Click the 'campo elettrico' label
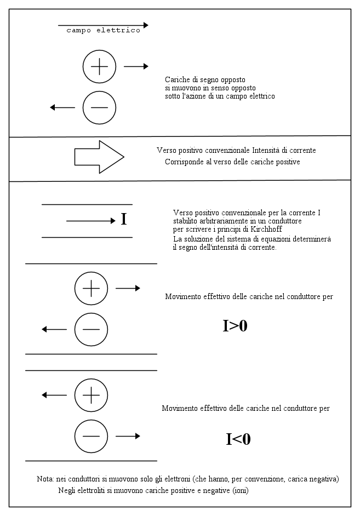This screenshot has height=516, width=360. click(103, 31)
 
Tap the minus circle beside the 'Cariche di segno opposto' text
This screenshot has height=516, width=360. click(99, 107)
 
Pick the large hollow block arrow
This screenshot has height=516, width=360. click(99, 157)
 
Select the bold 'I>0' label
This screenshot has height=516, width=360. click(235, 325)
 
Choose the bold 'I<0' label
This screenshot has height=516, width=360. click(238, 439)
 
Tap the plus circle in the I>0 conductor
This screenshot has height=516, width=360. click(91, 288)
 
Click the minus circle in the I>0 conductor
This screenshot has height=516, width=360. click(91, 329)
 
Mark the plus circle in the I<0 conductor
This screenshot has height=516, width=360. click(91, 394)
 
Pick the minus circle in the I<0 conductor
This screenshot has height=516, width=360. click(91, 436)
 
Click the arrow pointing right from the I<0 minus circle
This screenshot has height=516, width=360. click(128, 436)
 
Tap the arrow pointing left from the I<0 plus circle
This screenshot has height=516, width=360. click(54, 394)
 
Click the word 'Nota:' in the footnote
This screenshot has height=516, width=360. click(44, 479)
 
